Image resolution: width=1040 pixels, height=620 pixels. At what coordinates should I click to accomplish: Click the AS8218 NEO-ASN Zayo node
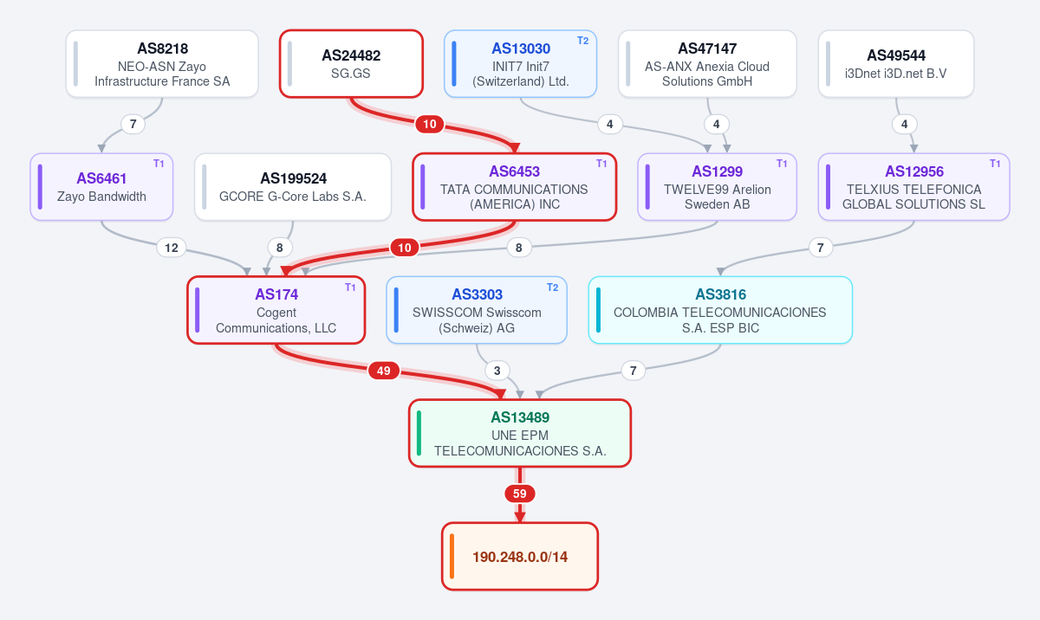pyautogui.click(x=162, y=64)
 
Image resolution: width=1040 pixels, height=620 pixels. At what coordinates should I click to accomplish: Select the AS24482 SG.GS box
pyautogui.click(x=351, y=64)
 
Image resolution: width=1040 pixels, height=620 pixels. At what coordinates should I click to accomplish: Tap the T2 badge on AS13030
pyautogui.click(x=582, y=41)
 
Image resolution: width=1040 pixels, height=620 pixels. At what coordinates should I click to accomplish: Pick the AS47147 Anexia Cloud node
pyautogui.click(x=707, y=64)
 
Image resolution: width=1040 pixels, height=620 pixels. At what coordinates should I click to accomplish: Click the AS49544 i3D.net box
pyautogui.click(x=896, y=64)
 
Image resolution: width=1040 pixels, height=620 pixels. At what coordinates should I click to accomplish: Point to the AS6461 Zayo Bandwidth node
pyautogui.click(x=101, y=187)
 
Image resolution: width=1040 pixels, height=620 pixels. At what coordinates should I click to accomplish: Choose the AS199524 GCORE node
pyautogui.click(x=293, y=187)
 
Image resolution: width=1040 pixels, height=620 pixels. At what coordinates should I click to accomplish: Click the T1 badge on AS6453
pyautogui.click(x=601, y=164)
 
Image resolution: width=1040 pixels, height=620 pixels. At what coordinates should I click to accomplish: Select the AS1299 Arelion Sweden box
pyautogui.click(x=718, y=187)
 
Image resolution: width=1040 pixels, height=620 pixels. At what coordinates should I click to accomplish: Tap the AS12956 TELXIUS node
pyautogui.click(x=913, y=187)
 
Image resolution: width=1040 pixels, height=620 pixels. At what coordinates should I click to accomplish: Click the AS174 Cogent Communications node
pyautogui.click(x=276, y=310)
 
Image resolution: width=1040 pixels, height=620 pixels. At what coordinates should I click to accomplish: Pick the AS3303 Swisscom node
pyautogui.click(x=477, y=310)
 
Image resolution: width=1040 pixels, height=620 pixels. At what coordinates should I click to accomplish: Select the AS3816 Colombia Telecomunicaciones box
pyautogui.click(x=720, y=310)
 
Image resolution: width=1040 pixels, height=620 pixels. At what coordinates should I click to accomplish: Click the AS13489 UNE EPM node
pyautogui.click(x=520, y=433)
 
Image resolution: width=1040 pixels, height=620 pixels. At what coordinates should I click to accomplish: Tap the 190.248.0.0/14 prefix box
pyautogui.click(x=520, y=557)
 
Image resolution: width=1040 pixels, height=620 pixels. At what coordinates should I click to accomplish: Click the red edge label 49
pyautogui.click(x=383, y=371)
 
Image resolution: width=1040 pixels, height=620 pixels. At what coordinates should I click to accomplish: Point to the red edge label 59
pyautogui.click(x=519, y=494)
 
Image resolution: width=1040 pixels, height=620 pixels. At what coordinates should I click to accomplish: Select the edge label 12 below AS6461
pyautogui.click(x=172, y=248)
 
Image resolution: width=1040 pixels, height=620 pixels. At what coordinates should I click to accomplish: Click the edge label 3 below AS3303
pyautogui.click(x=497, y=371)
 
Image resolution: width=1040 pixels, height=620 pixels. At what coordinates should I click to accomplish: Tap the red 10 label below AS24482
pyautogui.click(x=430, y=125)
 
